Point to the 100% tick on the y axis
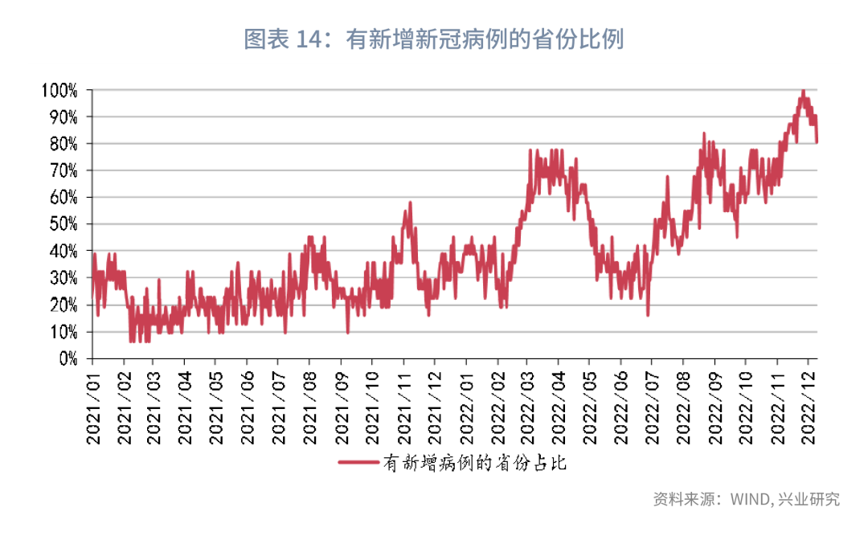tap(61, 90)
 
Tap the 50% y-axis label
tap(64, 224)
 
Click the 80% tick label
tap(64, 144)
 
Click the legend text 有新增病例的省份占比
tap(475, 464)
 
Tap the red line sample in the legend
tap(358, 464)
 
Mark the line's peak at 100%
tap(803, 91)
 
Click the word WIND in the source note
tap(751, 499)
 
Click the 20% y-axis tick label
tap(64, 305)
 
